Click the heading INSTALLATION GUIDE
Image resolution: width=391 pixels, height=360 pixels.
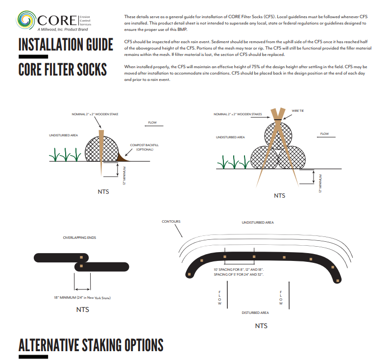[66, 45]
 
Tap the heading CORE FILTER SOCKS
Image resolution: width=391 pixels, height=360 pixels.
[62, 69]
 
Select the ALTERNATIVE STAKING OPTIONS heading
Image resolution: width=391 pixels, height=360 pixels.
[91, 345]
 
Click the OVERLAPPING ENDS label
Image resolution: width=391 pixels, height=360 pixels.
[79, 237]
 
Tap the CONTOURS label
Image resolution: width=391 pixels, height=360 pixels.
[171, 222]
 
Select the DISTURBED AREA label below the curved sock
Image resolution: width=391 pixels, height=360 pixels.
[255, 312]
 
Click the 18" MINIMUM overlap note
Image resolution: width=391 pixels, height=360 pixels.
[82, 298]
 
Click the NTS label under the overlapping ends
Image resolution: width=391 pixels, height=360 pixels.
[82, 309]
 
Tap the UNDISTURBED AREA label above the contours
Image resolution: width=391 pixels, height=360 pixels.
[258, 223]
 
